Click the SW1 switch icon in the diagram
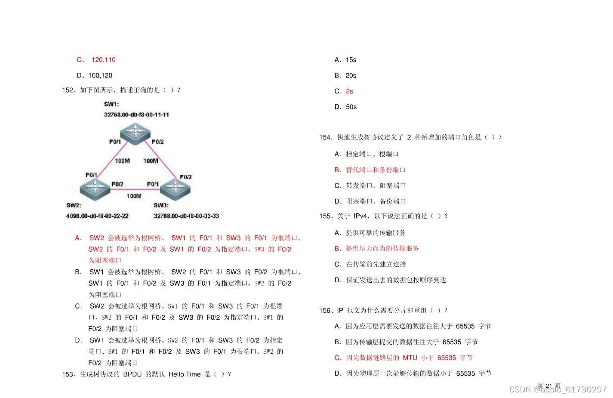[x=135, y=131]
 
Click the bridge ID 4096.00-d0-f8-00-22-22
[x=97, y=216]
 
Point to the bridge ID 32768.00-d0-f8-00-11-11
[x=136, y=115]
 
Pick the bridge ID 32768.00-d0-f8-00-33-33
[x=186, y=216]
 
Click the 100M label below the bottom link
[x=134, y=196]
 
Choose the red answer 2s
[x=349, y=91]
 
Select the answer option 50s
[x=351, y=107]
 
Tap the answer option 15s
[x=351, y=60]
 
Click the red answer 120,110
[x=103, y=60]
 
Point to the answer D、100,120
[x=95, y=76]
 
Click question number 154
[x=325, y=138]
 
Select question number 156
[x=325, y=311]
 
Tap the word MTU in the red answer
[x=410, y=358]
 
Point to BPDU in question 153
[x=132, y=374]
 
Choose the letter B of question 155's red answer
[x=338, y=249]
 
